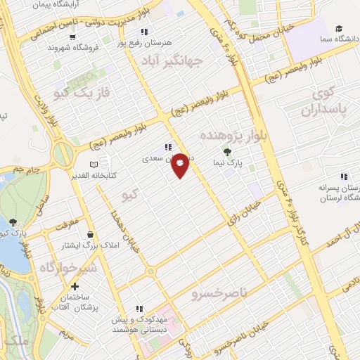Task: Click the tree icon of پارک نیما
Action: [x=226, y=151]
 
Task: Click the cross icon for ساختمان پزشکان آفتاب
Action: [x=75, y=286]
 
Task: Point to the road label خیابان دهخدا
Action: [x=114, y=223]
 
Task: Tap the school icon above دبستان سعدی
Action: [x=167, y=148]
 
